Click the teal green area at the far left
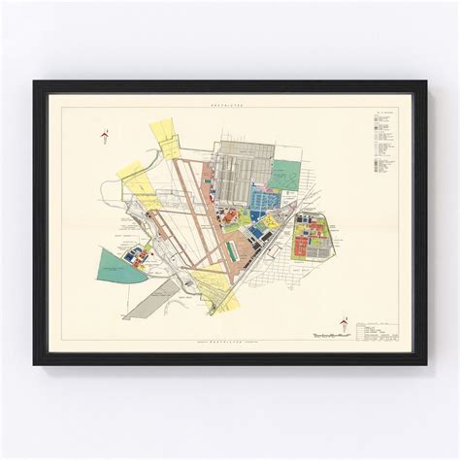(115, 265)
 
